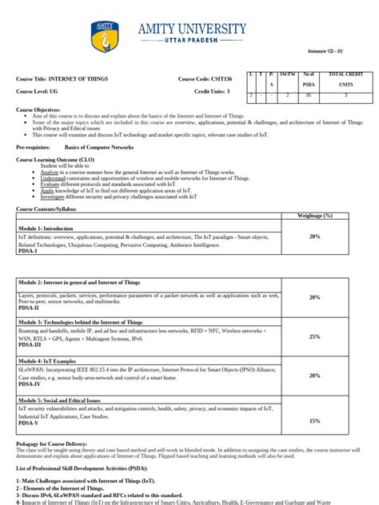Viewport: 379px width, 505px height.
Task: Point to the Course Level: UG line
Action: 39,92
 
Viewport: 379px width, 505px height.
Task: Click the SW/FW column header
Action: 289,74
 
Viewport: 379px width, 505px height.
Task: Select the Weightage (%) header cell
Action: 314,216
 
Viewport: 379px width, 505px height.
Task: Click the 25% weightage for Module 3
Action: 314,336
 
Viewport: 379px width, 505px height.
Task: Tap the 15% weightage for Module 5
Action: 314,420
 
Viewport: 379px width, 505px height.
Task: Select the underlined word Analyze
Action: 50,172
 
